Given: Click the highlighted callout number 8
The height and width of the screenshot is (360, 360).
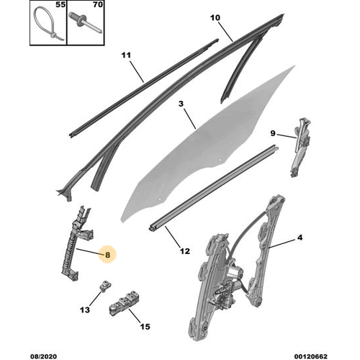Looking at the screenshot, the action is (x=107, y=255).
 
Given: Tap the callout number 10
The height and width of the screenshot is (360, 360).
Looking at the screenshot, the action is (x=215, y=17).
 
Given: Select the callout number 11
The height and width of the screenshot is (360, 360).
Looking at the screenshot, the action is (x=126, y=55).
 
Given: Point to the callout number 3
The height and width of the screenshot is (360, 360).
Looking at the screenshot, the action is (x=181, y=104).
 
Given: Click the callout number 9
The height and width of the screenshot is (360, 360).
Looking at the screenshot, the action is (x=273, y=133).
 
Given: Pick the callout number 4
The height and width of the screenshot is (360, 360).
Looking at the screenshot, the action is (x=300, y=238).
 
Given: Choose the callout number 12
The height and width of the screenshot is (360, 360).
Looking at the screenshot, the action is (x=185, y=251).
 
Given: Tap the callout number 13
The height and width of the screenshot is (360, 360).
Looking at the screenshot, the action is (x=85, y=310).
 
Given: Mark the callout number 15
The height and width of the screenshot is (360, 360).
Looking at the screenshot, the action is (x=145, y=326).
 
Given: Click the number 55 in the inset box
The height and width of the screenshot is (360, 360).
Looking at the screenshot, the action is (x=60, y=5).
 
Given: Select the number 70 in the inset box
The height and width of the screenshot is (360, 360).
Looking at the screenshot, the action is (x=98, y=5).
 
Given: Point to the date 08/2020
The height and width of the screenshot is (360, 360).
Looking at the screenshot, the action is (x=43, y=356).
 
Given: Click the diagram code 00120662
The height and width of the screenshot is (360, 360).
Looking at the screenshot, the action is (x=311, y=356).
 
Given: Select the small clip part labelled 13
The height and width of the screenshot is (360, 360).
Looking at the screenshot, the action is (x=105, y=286).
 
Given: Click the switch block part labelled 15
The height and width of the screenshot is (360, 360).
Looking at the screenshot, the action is (x=125, y=303).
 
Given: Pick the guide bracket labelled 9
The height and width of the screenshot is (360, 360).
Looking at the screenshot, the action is (x=300, y=148).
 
